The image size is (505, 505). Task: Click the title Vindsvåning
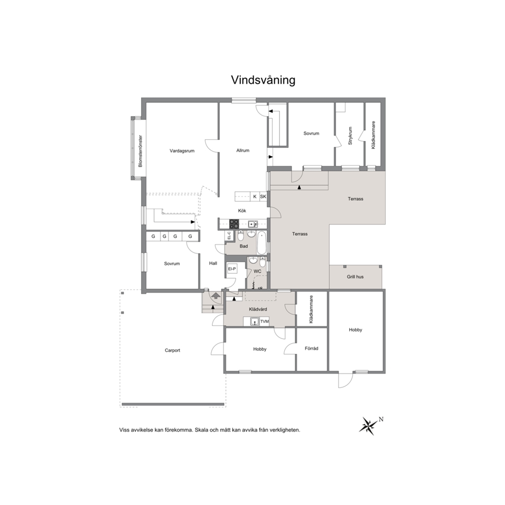click(263, 80)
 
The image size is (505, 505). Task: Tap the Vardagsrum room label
click(182, 151)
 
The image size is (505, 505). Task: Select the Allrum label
click(243, 150)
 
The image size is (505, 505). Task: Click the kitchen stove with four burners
click(234, 224)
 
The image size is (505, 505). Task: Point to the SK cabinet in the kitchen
click(263, 197)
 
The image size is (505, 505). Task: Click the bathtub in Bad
click(262, 242)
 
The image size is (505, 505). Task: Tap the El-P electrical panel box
click(232, 269)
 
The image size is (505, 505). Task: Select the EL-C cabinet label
click(229, 236)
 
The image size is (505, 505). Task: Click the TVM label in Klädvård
click(264, 321)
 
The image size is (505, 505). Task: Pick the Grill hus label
click(355, 276)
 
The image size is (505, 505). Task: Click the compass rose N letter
click(381, 419)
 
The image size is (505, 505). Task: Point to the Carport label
click(172, 350)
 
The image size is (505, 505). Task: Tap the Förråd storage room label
click(312, 349)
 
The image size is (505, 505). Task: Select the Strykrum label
click(350, 135)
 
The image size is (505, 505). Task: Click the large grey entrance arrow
click(216, 295)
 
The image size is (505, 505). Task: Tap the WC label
click(257, 271)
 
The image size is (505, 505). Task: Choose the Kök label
click(242, 211)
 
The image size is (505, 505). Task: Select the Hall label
click(213, 263)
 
